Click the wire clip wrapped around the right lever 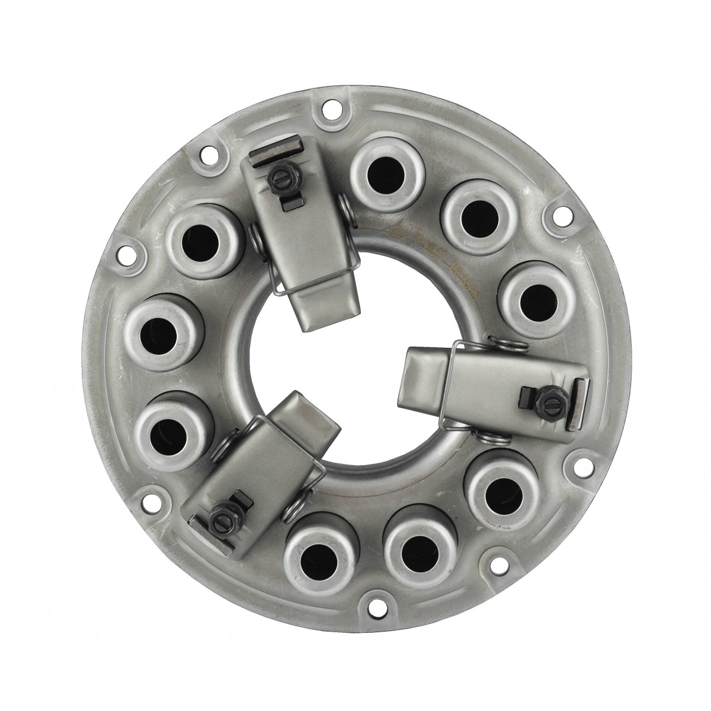[x=457, y=379]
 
